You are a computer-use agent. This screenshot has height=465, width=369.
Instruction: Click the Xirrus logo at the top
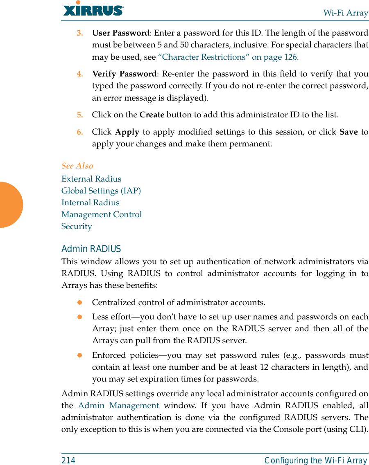(x=93, y=9)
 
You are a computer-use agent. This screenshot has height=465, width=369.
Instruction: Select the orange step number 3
(x=80, y=33)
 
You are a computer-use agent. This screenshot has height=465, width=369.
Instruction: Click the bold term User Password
(x=120, y=33)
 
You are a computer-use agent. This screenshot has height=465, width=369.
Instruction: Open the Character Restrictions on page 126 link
(x=227, y=57)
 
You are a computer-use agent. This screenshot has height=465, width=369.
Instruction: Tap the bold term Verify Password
(x=124, y=74)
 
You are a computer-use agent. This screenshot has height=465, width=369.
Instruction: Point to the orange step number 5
(x=80, y=115)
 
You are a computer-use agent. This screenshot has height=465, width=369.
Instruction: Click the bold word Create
(x=152, y=115)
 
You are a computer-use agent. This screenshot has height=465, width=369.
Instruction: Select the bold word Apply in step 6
(x=127, y=132)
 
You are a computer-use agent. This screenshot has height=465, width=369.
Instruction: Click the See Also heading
(x=77, y=166)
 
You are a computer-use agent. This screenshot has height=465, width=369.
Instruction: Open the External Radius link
(x=91, y=179)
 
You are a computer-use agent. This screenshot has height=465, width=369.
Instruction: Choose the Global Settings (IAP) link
(x=101, y=191)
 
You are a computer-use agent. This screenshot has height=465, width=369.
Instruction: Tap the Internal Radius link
(x=90, y=202)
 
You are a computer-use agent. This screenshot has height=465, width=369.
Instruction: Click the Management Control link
(x=102, y=214)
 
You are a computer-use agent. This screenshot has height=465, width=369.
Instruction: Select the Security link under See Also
(x=77, y=226)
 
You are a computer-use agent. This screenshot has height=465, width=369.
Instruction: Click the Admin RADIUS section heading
(x=91, y=249)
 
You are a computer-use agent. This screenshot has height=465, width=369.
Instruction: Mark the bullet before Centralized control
(x=80, y=303)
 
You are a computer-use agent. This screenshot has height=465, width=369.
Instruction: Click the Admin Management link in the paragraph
(x=118, y=406)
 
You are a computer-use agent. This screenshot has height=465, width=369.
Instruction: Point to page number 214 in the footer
(x=68, y=461)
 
